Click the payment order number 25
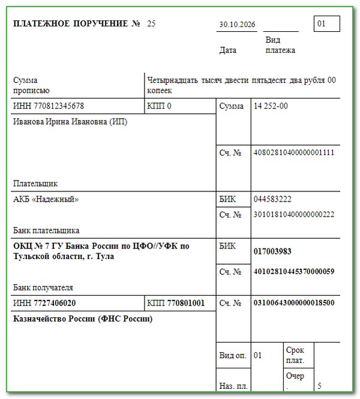(x=151, y=24)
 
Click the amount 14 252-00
(x=271, y=106)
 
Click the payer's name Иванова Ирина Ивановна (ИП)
(x=70, y=122)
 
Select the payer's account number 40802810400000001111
(x=294, y=152)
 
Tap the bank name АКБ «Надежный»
(x=46, y=199)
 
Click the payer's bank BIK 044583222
(x=273, y=199)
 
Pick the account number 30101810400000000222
(x=294, y=214)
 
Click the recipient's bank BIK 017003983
(x=273, y=251)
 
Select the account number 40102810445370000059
(x=294, y=271)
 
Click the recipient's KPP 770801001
(x=185, y=303)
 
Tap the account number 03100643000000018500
(x=294, y=302)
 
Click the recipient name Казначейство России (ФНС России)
(x=83, y=319)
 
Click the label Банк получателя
(x=43, y=287)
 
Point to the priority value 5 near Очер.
(x=320, y=385)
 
